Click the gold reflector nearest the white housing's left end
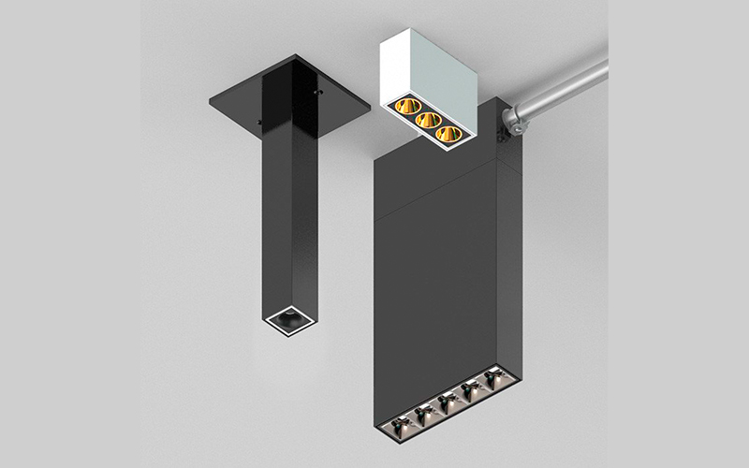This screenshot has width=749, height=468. click(x=405, y=106)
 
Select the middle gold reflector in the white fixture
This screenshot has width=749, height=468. click(x=428, y=120)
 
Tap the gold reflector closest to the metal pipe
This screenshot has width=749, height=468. click(x=450, y=134)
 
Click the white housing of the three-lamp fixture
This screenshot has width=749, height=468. click(x=440, y=66)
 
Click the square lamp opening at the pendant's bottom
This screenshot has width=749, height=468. click(x=287, y=319)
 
